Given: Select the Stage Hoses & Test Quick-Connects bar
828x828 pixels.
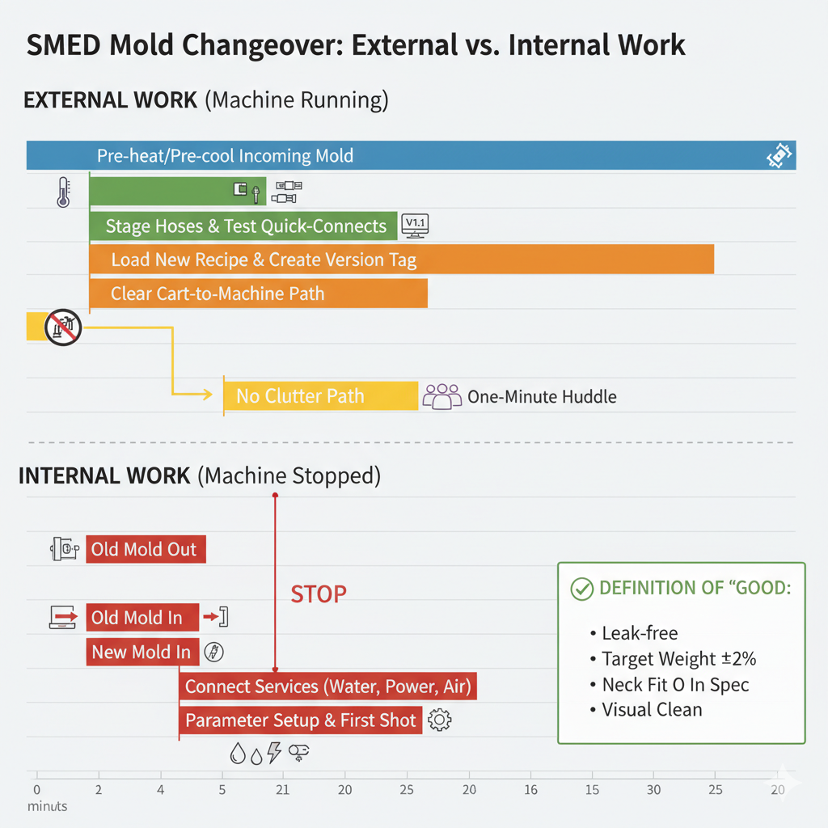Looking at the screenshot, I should [x=243, y=226].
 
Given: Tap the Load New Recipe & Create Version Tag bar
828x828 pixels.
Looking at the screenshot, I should [x=401, y=260].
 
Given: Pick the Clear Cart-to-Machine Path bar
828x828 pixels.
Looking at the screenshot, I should [x=258, y=294].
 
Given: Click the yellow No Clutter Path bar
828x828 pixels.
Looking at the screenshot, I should [x=320, y=396].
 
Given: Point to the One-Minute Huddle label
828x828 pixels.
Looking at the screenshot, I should [x=542, y=396].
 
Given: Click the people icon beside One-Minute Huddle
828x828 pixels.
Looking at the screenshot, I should [x=441, y=396].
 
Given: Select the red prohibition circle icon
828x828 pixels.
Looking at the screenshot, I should [x=63, y=327].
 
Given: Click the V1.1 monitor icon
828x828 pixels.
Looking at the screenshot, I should [x=415, y=225].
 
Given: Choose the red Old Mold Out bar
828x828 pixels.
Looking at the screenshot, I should [x=146, y=550].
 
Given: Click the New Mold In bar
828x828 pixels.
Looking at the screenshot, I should [x=142, y=652].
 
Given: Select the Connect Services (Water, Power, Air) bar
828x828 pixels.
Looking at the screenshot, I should [x=327, y=686].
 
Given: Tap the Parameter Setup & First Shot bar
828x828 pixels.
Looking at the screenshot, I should [x=300, y=720].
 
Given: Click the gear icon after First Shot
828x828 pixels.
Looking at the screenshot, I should [x=439, y=720].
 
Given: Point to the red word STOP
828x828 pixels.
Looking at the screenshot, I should [x=319, y=594].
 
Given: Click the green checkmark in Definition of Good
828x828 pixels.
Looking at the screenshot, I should [x=581, y=589].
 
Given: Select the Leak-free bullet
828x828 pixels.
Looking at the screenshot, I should [x=639, y=633].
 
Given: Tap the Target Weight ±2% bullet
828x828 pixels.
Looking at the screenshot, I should [x=678, y=659].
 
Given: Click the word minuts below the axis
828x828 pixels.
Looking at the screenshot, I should [x=47, y=806].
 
